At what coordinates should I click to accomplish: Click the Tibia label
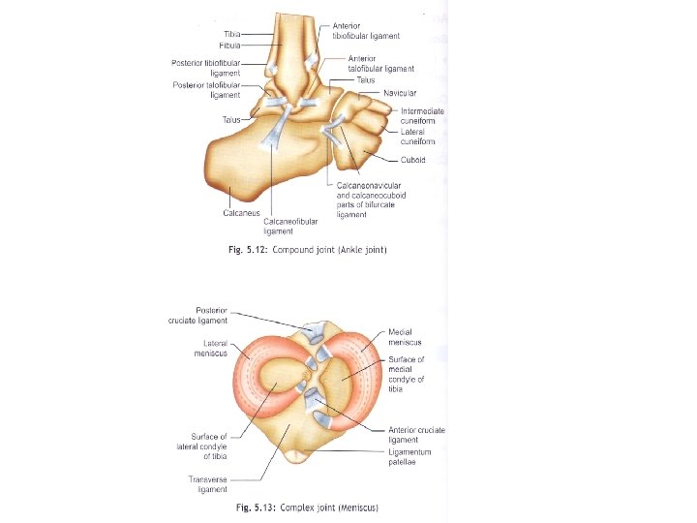(235, 35)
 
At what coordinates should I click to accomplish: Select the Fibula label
(232, 45)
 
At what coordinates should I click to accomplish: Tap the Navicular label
(400, 93)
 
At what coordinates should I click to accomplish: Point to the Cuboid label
(414, 160)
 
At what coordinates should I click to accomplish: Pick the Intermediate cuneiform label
(422, 115)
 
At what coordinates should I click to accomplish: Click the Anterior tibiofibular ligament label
(366, 31)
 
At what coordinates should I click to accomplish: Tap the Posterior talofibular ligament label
(206, 90)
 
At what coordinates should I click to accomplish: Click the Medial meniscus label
(405, 337)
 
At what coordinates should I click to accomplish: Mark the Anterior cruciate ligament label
(416, 435)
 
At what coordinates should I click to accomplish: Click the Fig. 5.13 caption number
(257, 508)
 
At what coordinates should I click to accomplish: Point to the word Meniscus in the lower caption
(358, 508)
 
